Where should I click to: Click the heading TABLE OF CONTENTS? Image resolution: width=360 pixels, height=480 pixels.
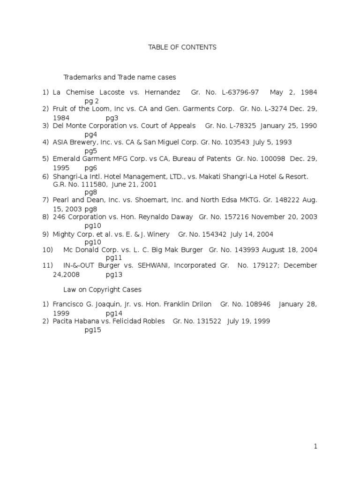(182, 47)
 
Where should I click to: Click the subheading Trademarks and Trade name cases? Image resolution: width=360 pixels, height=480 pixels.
(120, 77)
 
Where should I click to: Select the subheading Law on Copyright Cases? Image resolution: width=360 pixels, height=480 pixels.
(102, 290)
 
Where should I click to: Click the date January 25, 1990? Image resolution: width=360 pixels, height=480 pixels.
(289, 126)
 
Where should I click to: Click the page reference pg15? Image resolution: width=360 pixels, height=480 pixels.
(93, 330)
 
